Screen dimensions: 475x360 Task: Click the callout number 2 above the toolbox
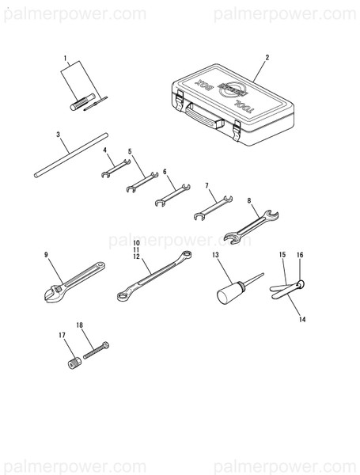click(267, 57)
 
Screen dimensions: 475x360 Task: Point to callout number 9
click(47, 254)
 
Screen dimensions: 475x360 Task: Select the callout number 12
click(136, 257)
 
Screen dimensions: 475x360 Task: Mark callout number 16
click(300, 255)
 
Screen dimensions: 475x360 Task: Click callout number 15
click(282, 255)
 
